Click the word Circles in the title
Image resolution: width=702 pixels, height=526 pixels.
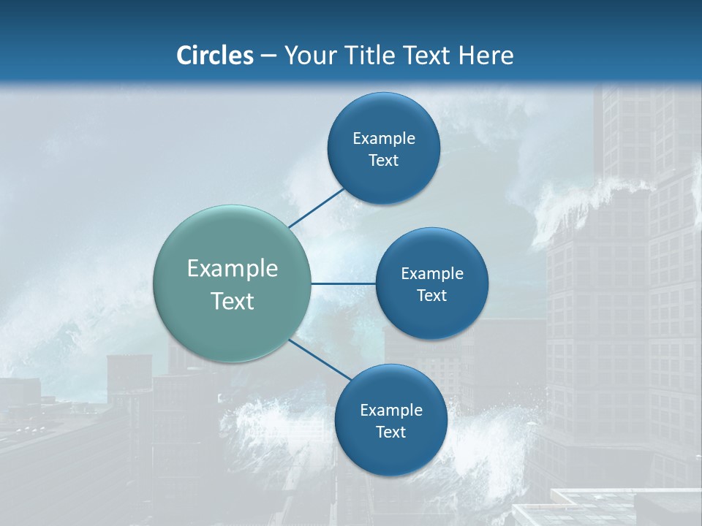pos(214,56)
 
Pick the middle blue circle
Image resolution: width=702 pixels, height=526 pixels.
pos(431,318)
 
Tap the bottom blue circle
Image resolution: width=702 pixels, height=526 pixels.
pos(390,457)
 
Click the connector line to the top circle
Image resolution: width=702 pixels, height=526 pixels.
pos(316,208)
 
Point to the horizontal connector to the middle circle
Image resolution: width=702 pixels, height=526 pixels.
pos(343,283)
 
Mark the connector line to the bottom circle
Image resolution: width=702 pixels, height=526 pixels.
pos(320,359)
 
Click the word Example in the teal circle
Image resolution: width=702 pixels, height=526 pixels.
pos(233,269)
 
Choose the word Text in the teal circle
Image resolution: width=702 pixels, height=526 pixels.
pos(233,301)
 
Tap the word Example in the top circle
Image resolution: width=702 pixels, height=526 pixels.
pos(384,138)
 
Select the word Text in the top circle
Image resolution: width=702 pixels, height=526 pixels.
pos(383,160)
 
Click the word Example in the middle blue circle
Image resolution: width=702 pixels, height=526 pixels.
pos(432,273)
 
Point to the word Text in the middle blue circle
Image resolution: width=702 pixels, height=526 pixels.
pos(431,295)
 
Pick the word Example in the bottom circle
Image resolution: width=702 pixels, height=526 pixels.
pos(391,410)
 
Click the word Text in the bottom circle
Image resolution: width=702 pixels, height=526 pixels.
pos(390,432)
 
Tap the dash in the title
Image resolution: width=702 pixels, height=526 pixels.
pos(268,56)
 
